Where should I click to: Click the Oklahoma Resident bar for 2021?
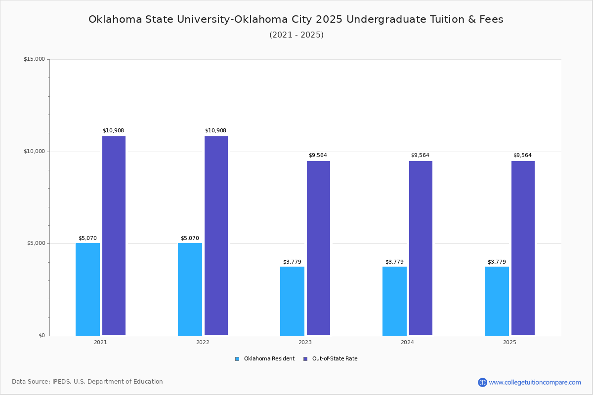[87, 289]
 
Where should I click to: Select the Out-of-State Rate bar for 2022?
[216, 236]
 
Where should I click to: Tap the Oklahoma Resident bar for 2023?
[292, 301]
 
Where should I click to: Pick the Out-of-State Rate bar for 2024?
[421, 248]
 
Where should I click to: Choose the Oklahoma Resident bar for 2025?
[497, 301]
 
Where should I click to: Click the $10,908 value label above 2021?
[113, 131]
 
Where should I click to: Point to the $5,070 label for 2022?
[190, 238]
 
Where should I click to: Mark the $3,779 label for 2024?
[394, 262]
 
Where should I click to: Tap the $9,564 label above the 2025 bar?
[522, 156]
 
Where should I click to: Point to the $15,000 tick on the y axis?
[34, 59]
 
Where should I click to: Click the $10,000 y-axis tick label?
[34, 152]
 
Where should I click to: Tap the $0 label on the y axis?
[41, 336]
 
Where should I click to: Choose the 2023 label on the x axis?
[305, 342]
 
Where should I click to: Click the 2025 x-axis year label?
[509, 342]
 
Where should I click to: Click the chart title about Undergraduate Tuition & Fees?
[296, 19]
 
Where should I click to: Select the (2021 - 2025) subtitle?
[296, 35]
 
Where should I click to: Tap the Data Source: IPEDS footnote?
[87, 382]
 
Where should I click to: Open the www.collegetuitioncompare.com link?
[535, 382]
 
